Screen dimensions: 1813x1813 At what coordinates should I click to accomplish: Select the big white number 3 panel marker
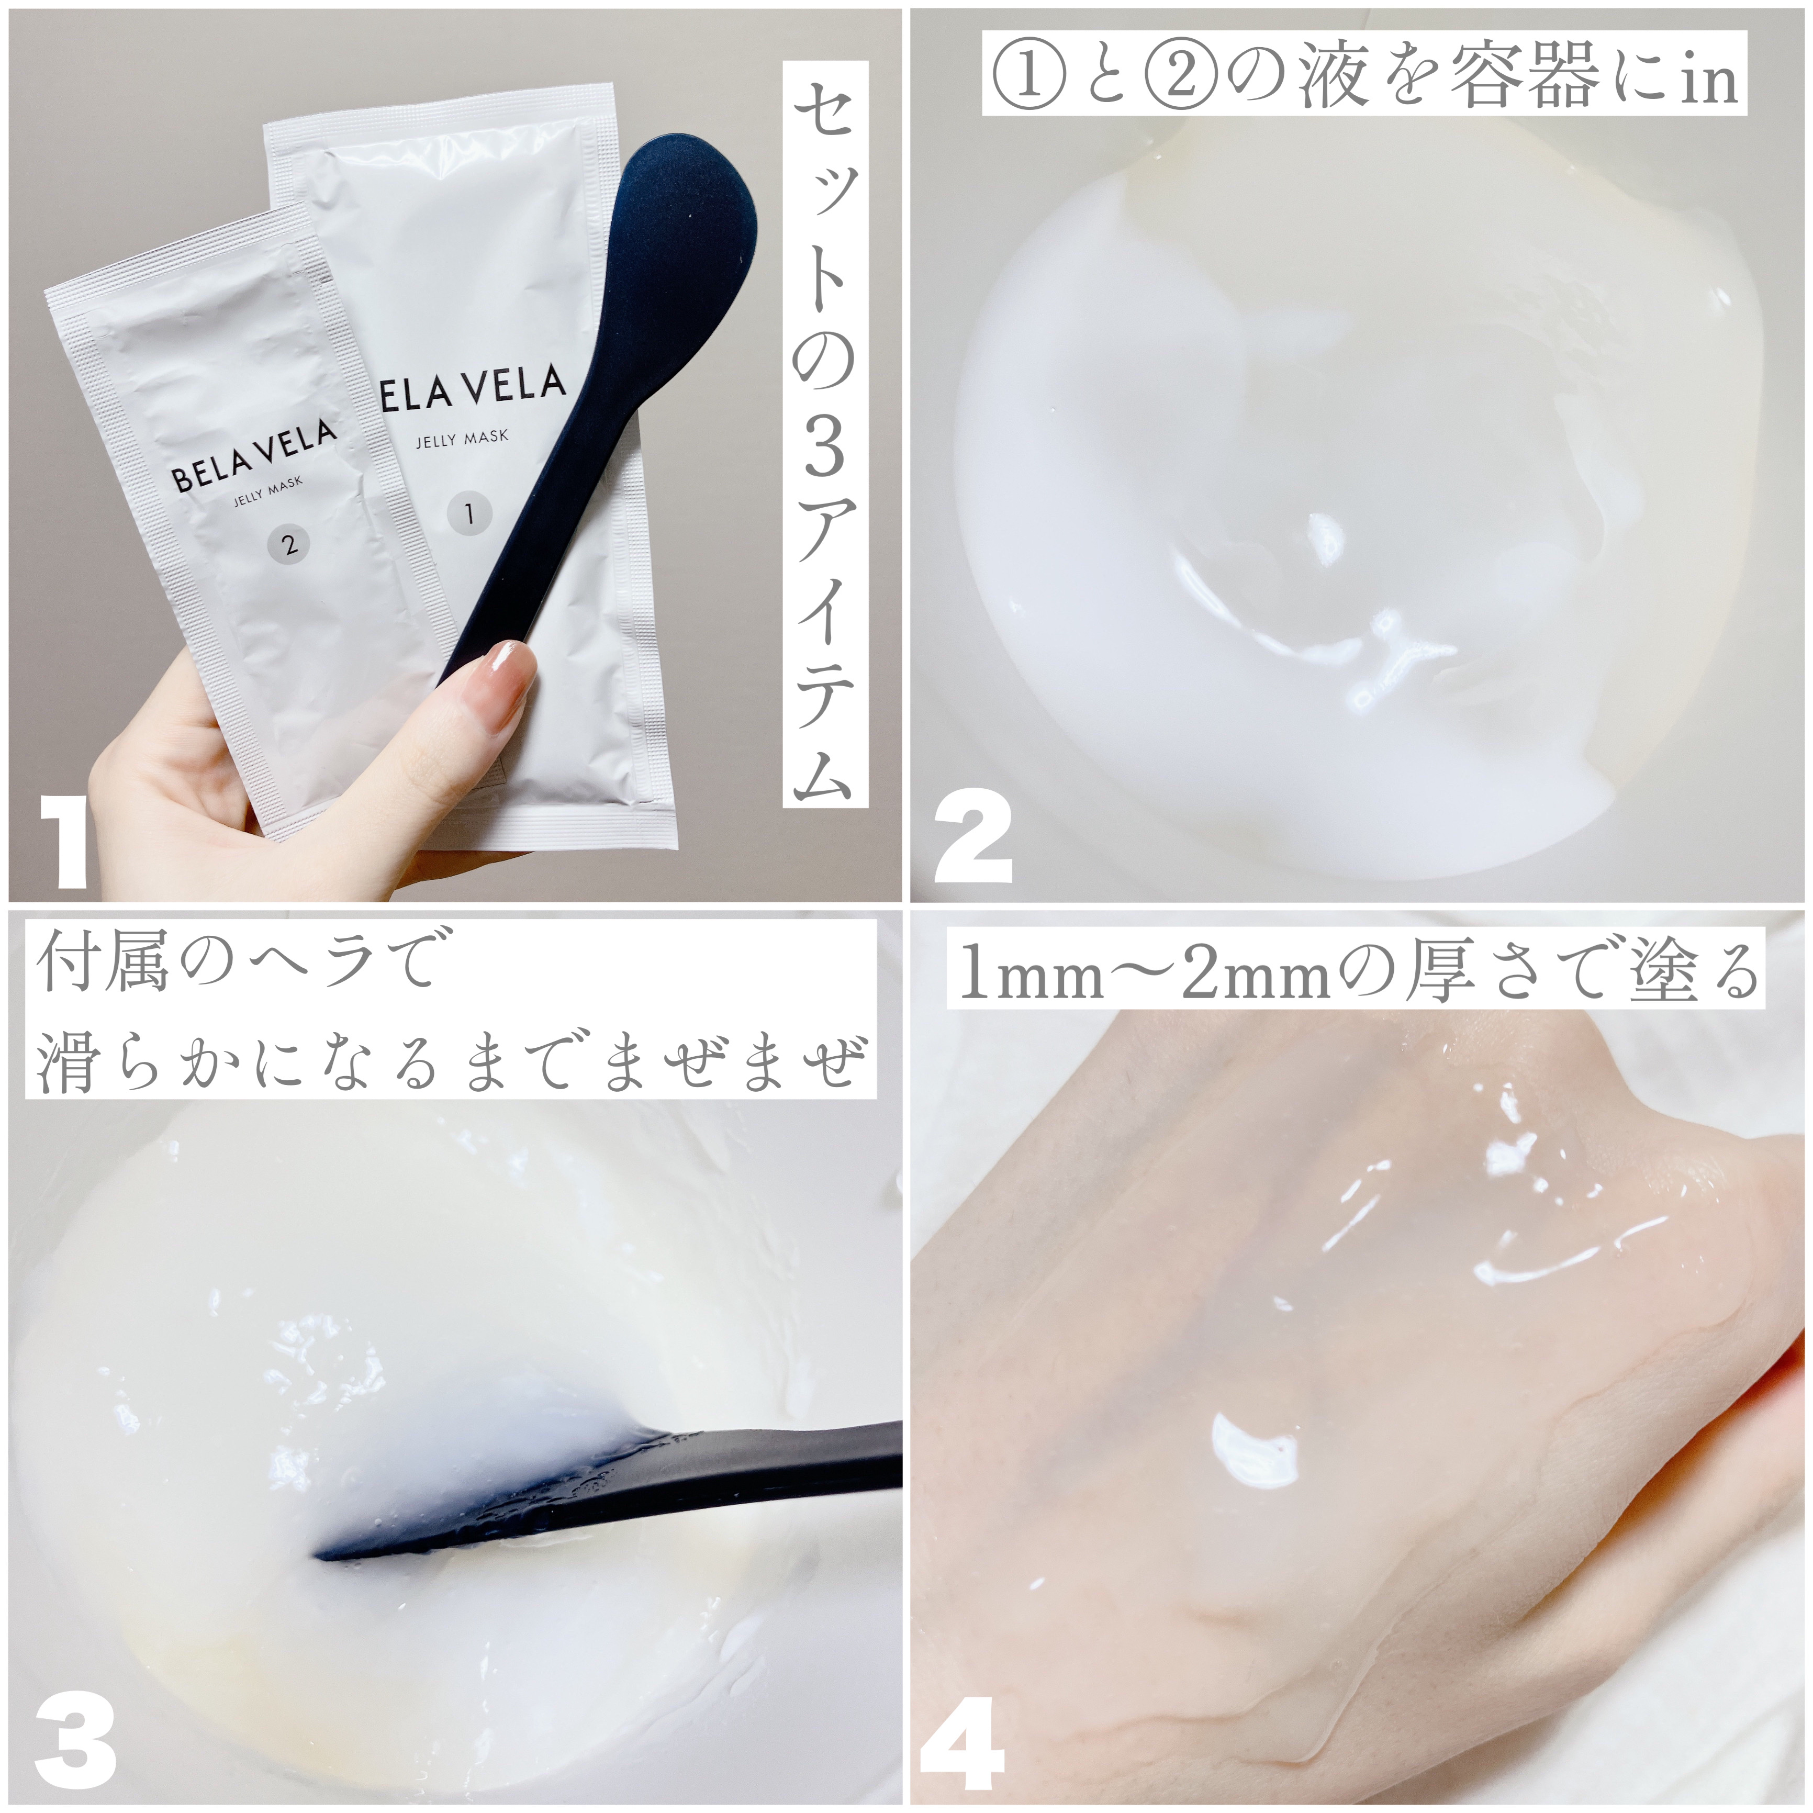(75, 1743)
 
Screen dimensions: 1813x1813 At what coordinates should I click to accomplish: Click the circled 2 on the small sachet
(289, 543)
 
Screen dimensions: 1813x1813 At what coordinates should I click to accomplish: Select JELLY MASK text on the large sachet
(462, 438)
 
